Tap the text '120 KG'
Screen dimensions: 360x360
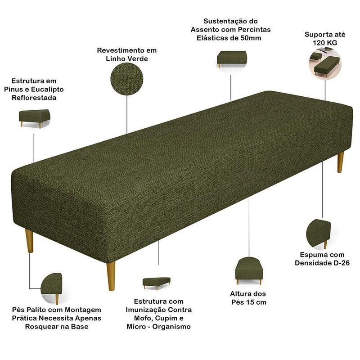click(325, 43)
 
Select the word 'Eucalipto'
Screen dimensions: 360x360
click(47, 89)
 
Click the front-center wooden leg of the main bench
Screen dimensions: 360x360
click(111, 276)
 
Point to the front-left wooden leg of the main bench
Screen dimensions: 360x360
click(29, 241)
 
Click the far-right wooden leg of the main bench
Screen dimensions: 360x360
click(341, 162)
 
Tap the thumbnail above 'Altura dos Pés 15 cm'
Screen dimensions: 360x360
click(249, 271)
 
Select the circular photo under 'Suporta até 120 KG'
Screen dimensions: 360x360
click(325, 63)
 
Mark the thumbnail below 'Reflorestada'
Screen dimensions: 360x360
click(35, 119)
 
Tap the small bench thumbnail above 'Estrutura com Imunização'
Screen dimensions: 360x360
click(157, 283)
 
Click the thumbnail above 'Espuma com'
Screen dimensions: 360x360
click(319, 234)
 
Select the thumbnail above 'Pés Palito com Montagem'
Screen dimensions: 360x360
click(52, 288)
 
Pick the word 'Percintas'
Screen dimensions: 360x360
click(254, 30)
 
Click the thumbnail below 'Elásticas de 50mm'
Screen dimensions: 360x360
click(232, 59)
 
